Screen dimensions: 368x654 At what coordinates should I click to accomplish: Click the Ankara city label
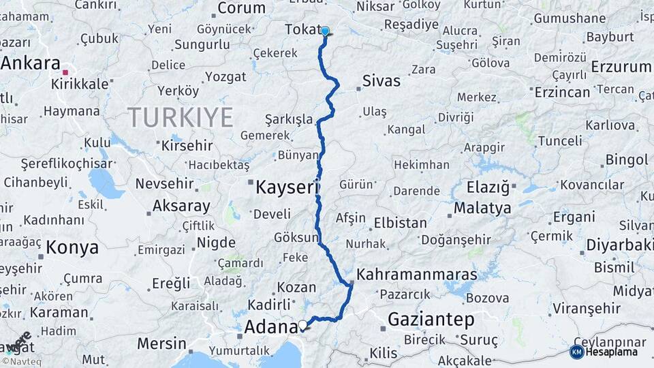pos(31,63)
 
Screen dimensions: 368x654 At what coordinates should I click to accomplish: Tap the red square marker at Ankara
pos(65,72)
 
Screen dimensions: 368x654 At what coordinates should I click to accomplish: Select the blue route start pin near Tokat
pos(325,31)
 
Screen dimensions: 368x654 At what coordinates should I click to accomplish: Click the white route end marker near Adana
pos(302,324)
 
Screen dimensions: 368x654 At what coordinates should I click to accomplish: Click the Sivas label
pos(381,82)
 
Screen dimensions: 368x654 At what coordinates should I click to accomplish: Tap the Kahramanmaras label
pos(417,274)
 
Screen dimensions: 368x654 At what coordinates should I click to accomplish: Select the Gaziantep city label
pos(431,319)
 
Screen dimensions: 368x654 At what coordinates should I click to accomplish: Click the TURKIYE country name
pos(181,117)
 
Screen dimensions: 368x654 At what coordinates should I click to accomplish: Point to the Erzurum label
pos(621,67)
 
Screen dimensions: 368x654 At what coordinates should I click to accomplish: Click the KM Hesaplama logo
pos(604,352)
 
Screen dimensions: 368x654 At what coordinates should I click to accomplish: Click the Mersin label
pos(161,343)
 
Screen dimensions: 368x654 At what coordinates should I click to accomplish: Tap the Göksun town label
pos(296,237)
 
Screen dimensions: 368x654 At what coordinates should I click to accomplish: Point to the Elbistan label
pos(401,223)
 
